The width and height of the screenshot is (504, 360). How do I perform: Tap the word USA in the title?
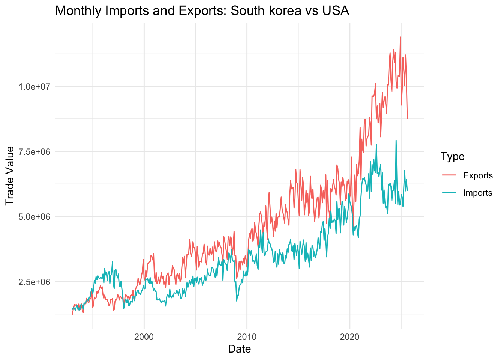[x=336, y=11]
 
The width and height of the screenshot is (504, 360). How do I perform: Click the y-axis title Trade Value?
[x=10, y=175]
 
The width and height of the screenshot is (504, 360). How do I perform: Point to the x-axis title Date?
[x=239, y=349]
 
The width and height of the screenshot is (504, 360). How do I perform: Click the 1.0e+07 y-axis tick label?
[x=34, y=87]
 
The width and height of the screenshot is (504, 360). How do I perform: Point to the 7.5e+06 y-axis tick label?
[x=34, y=151]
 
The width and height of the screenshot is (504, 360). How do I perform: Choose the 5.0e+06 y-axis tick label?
[x=34, y=217]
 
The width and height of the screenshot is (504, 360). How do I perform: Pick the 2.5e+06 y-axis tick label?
[x=34, y=282]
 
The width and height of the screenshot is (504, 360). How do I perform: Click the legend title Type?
[x=453, y=156]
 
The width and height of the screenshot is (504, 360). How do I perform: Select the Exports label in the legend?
[x=478, y=175]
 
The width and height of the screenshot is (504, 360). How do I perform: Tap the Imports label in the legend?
[x=477, y=193]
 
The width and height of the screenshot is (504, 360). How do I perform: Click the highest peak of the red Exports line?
[x=400, y=37]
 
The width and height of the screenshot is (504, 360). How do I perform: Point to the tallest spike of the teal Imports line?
[x=396, y=140]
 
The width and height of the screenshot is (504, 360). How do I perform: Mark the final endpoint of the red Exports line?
[x=407, y=119]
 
